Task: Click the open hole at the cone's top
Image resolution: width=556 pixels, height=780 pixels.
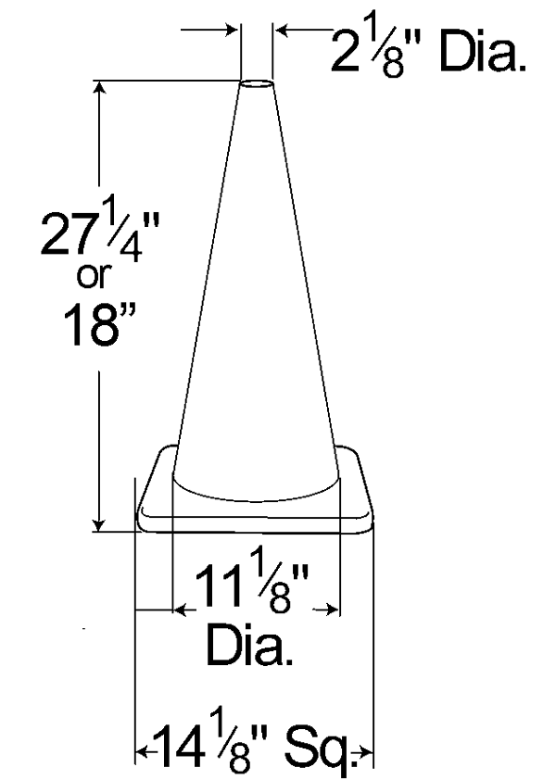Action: (x=256, y=85)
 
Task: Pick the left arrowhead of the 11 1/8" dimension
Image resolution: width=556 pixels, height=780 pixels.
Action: (x=180, y=610)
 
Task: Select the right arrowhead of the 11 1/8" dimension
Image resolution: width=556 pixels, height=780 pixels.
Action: (x=332, y=610)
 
